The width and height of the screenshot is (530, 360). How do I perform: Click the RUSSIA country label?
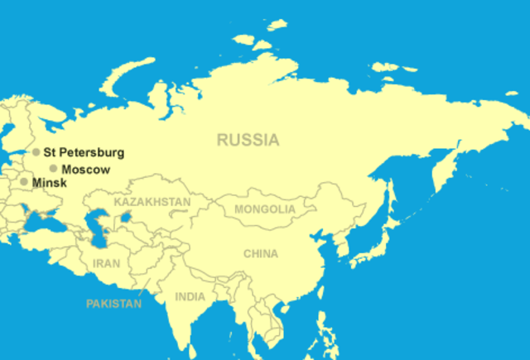tap(248, 140)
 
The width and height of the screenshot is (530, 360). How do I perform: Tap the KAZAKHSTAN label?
tap(152, 202)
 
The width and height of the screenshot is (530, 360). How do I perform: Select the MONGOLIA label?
tap(264, 209)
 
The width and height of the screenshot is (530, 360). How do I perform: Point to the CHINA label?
tap(261, 254)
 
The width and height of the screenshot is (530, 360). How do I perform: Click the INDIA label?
tap(190, 296)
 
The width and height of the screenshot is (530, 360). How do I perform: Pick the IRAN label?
tap(106, 263)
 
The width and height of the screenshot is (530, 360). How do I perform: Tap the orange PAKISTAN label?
tap(113, 304)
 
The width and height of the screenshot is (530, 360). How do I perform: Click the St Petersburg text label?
tap(84, 152)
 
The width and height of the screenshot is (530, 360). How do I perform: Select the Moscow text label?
tap(85, 169)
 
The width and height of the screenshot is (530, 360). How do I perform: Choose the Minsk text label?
tap(49, 182)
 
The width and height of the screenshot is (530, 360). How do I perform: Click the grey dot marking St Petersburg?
tap(36, 152)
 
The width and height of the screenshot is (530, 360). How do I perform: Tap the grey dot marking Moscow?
tap(54, 169)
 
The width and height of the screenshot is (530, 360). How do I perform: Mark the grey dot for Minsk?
tap(24, 182)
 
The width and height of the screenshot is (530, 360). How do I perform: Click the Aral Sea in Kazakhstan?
tap(126, 216)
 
